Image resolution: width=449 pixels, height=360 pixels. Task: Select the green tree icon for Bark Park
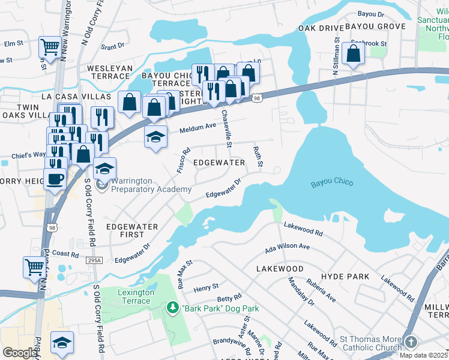[x=173, y=308]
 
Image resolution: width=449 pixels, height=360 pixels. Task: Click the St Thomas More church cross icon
[x=411, y=341]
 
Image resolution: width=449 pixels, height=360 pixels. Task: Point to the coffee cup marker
[x=55, y=179]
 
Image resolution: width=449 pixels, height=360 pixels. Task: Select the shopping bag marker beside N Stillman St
[x=355, y=54]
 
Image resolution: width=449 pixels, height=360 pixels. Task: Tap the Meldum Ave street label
[x=197, y=127]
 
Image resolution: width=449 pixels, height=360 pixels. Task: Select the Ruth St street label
[x=258, y=158]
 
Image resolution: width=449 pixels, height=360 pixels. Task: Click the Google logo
[x=20, y=353]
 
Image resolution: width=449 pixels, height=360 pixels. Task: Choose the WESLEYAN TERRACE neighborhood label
[x=110, y=68]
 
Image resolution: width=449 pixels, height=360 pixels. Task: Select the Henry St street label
[x=206, y=289]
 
